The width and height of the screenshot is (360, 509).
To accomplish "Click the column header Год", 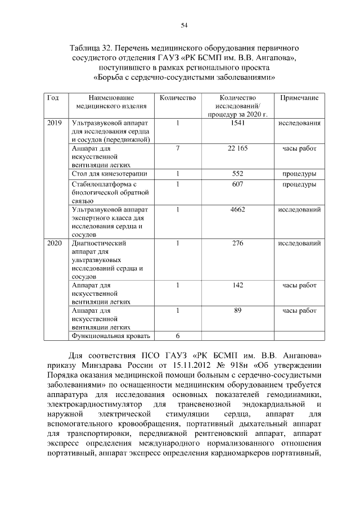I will (53, 98).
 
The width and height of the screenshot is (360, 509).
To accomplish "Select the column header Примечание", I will (299, 98).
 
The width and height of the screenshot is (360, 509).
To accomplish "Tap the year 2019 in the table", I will (55, 123).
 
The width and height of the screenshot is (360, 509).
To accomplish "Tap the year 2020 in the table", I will (55, 244).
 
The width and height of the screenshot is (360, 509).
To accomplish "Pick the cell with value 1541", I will (237, 123).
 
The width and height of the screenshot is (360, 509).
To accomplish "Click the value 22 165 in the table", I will (237, 148).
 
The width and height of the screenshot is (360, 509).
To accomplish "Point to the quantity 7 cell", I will (177, 148).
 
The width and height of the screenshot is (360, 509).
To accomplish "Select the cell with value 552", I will (237, 174).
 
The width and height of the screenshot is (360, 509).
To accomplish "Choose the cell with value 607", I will (237, 184).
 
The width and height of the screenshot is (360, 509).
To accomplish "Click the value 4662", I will (237, 209).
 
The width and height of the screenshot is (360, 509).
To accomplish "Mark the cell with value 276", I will (237, 244).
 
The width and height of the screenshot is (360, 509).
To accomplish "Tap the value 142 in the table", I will (237, 285).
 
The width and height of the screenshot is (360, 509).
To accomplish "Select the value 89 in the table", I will (237, 310).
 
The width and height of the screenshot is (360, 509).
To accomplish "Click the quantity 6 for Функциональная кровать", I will (177, 336).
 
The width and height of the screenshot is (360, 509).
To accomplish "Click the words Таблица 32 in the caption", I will (90, 43).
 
